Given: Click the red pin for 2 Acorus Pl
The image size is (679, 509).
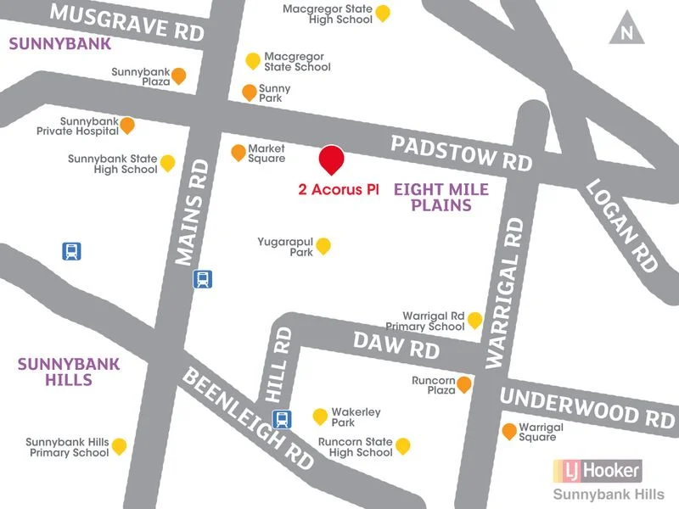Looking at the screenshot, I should coord(331,159).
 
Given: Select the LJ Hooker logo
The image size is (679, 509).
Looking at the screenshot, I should coord(597,469).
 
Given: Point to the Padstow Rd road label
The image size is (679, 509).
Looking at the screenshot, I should coord(461,152).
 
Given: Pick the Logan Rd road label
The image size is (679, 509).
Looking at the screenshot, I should coord(622,225).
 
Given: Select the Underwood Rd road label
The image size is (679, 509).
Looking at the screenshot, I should coord(587,406).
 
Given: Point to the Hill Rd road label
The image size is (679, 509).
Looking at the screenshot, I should coord(279,365).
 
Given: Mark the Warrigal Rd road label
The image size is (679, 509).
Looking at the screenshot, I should coord(507,293).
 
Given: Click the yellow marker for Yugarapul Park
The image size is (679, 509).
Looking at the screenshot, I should coord(323,245).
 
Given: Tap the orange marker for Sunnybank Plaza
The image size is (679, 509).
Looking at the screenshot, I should coord(178,76).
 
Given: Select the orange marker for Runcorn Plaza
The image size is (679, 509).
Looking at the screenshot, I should coord(464,385).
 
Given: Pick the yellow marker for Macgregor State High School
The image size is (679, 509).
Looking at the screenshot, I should coord(383,12).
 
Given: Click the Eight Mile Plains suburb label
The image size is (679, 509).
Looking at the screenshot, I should coord(441,197).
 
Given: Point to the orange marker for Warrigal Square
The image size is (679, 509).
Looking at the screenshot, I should coord(509,431).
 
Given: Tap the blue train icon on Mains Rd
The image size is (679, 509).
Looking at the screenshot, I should coord(203,278).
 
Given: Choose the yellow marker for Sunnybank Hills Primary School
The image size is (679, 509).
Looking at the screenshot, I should coord(120,445).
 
